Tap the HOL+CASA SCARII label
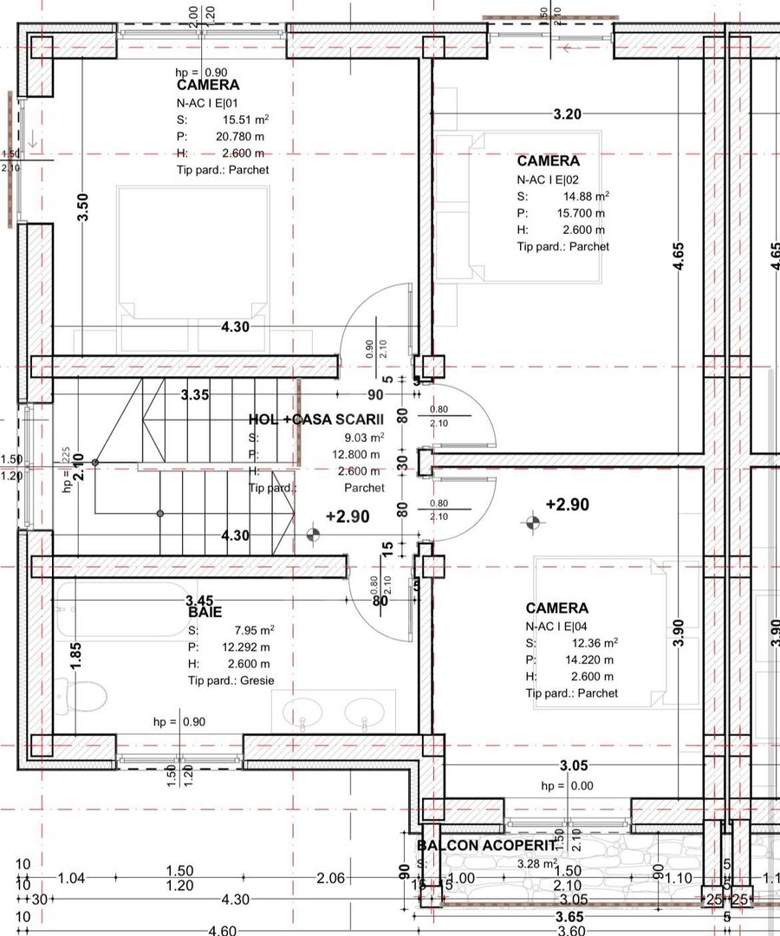click(x=315, y=419)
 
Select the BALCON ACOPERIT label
click(x=485, y=845)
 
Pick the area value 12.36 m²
click(x=592, y=643)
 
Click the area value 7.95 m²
click(x=253, y=630)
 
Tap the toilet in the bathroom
click(x=85, y=694)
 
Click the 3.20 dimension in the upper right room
click(x=568, y=114)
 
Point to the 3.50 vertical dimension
click(x=83, y=207)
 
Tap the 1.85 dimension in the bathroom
click(x=77, y=654)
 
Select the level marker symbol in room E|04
click(x=532, y=523)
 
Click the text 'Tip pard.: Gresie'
click(x=231, y=680)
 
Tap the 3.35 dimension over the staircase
click(x=195, y=395)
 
